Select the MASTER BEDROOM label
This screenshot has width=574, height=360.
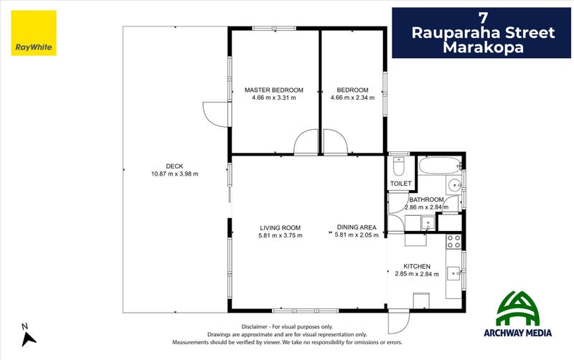273,90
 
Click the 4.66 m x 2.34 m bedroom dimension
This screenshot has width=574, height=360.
352,98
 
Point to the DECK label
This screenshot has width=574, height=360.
174,166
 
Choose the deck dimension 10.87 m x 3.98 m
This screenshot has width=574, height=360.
174,174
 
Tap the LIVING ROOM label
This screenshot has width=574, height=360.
281,228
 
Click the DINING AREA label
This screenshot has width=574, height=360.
357,228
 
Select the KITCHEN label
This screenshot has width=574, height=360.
417,266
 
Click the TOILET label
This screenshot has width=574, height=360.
400,184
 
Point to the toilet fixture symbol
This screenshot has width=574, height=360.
400,168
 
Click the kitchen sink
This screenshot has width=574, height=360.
453,273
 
